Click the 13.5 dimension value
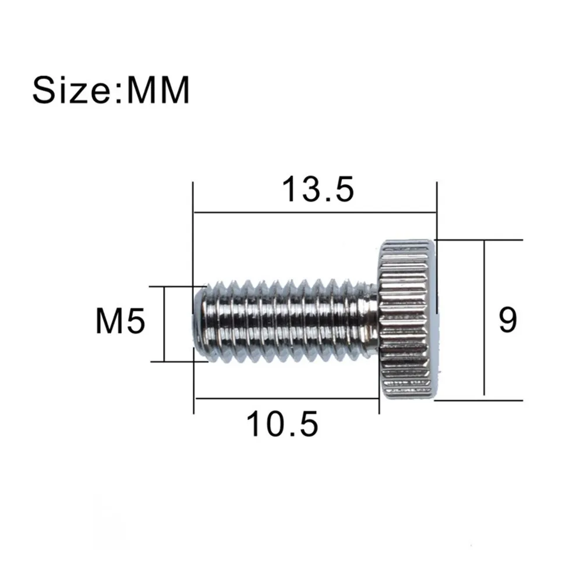(x=317, y=190)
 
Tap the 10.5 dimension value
(x=282, y=423)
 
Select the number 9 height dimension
(x=507, y=320)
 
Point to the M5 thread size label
(x=121, y=323)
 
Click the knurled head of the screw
(x=407, y=319)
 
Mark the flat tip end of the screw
(x=198, y=322)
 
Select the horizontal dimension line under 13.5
(x=315, y=213)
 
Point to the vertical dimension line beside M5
(x=165, y=324)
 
